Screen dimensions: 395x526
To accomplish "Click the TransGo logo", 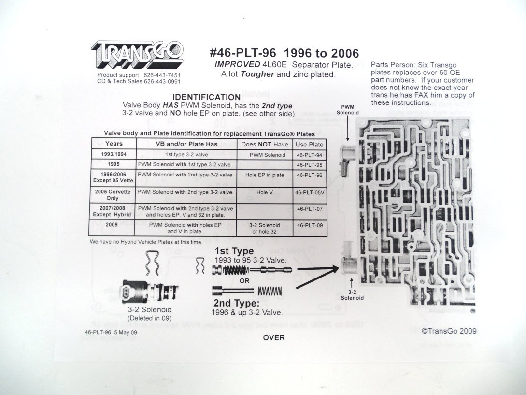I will [x=137, y=54].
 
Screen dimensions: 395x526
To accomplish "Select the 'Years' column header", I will [x=114, y=144].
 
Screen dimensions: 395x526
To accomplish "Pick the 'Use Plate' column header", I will [x=310, y=145].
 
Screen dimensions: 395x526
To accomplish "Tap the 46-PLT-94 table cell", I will [x=310, y=155].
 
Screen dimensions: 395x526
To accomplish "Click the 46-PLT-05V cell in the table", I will [x=310, y=192].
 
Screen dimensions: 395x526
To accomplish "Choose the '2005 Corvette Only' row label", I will [x=113, y=195].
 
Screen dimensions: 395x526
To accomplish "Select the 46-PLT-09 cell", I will [x=310, y=225].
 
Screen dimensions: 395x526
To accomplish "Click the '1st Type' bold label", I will [x=234, y=251].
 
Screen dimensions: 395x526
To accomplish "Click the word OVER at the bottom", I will [x=274, y=338].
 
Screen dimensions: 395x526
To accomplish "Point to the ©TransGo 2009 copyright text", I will [x=449, y=331].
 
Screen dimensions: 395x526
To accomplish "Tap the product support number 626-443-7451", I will [x=162, y=75].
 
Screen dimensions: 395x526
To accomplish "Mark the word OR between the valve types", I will [x=244, y=281].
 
